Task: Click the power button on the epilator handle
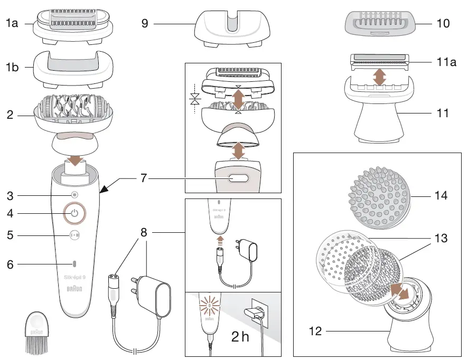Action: click(x=74, y=213)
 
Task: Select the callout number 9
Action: click(x=145, y=23)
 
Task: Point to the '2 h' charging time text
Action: click(x=240, y=336)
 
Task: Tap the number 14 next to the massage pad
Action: click(x=441, y=196)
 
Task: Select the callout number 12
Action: click(x=315, y=332)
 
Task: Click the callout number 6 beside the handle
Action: click(x=10, y=264)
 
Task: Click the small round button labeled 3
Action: click(x=74, y=195)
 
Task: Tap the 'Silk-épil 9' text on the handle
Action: click(x=74, y=278)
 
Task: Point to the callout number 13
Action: click(x=441, y=239)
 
